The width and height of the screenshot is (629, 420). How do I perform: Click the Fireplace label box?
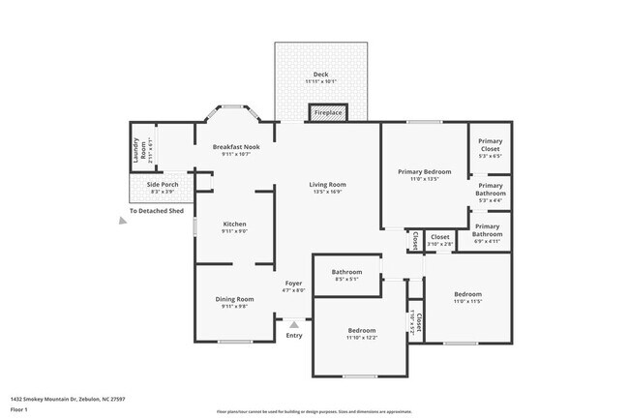(328, 113)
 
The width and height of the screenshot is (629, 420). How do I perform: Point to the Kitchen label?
(235, 225)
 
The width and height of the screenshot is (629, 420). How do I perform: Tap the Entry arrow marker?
(293, 325)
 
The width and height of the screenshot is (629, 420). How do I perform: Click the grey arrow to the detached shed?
(122, 222)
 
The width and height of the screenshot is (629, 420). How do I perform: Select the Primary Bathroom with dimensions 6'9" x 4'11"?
(487, 233)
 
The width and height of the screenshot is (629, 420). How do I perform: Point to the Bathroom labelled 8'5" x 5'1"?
(345, 275)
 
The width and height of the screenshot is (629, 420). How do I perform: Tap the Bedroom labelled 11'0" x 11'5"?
(467, 297)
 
